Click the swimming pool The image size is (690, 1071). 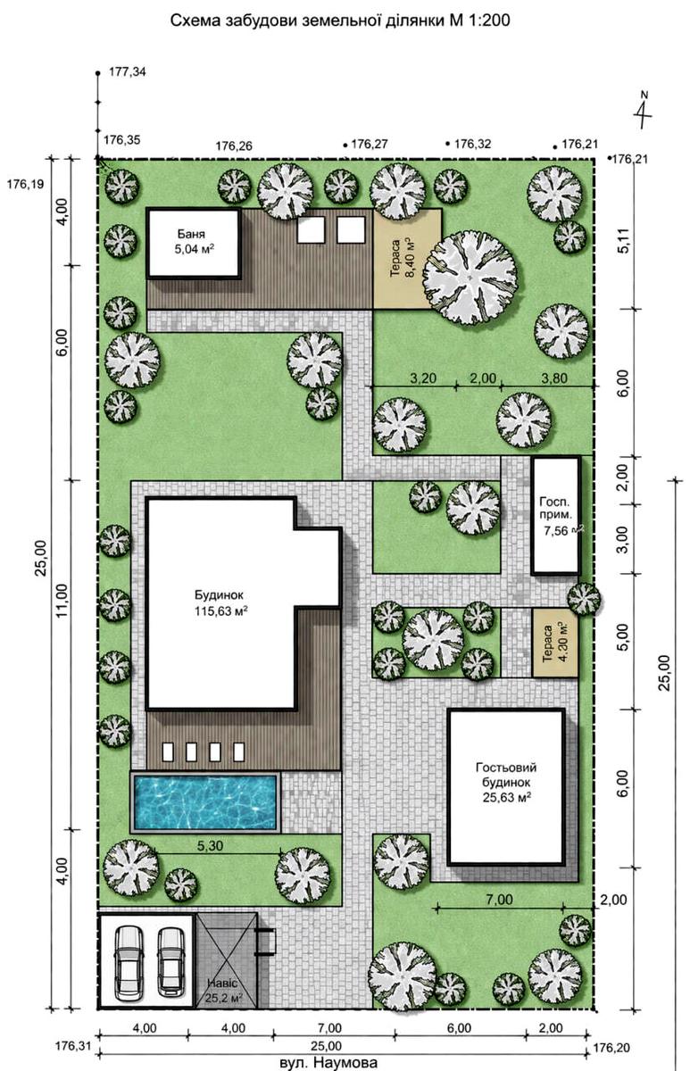tap(205, 801)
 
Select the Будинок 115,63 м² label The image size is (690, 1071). tap(220, 603)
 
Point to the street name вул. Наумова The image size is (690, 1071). tap(328, 1062)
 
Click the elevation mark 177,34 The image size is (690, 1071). tap(127, 72)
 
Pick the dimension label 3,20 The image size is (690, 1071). tap(423, 378)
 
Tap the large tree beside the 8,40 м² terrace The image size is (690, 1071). tap(470, 278)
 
